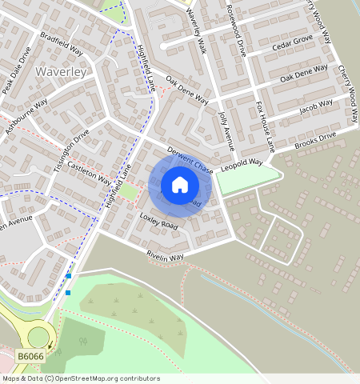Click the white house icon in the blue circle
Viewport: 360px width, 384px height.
click(x=180, y=185)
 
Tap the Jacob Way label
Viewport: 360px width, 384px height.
click(x=315, y=106)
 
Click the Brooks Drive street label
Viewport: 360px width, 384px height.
click(x=315, y=142)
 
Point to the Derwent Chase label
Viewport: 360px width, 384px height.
click(x=190, y=161)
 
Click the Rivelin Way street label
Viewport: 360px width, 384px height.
click(x=165, y=256)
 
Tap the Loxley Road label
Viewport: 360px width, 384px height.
click(x=158, y=222)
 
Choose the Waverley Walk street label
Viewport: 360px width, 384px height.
click(x=197, y=32)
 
